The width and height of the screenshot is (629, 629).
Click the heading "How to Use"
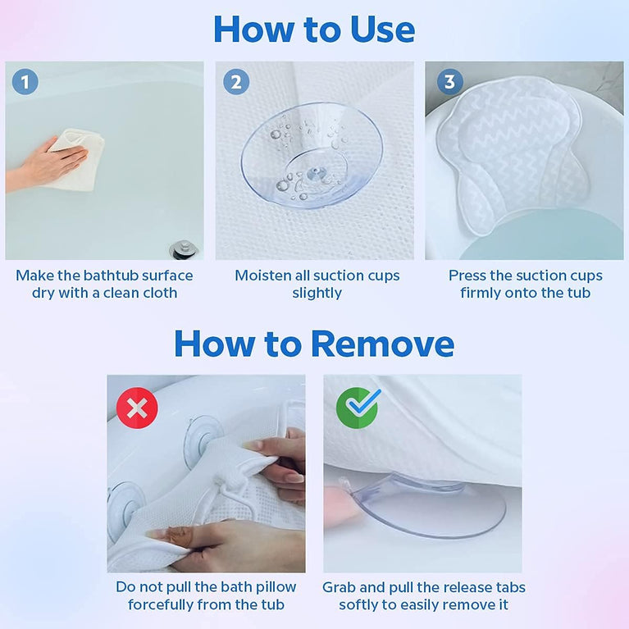[314, 30]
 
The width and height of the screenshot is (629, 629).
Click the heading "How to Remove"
[314, 344]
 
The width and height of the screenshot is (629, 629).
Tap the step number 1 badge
[25, 82]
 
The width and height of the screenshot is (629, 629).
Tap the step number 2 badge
[236, 82]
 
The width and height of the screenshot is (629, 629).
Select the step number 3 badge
[449, 82]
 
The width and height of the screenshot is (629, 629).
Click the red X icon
[137, 408]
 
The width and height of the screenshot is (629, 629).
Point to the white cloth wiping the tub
[78, 160]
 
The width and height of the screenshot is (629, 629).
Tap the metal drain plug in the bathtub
[181, 248]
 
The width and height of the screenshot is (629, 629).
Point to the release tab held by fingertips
[349, 491]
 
